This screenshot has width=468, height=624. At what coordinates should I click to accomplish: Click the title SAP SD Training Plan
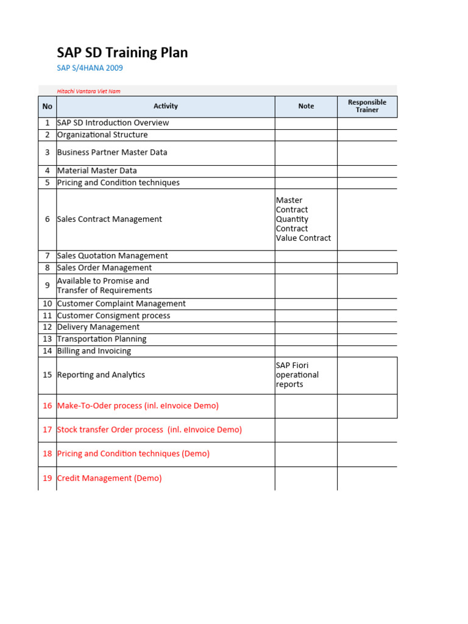[122, 52]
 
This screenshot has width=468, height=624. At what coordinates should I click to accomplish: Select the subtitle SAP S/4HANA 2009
[90, 68]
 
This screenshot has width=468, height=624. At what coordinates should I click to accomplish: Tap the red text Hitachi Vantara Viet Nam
[88, 91]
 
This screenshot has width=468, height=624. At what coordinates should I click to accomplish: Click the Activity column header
[165, 106]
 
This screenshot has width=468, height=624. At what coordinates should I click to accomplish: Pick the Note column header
[306, 106]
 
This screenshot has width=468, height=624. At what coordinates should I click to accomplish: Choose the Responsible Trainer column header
[367, 106]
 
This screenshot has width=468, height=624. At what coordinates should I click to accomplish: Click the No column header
[48, 106]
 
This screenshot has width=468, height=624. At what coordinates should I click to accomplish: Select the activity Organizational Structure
[102, 135]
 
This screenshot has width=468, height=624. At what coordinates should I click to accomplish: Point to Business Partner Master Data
[112, 152]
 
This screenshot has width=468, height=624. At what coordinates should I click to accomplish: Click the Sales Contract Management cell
[110, 219]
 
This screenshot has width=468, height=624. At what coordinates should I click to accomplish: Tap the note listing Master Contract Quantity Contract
[303, 219]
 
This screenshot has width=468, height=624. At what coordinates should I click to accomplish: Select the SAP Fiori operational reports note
[297, 375]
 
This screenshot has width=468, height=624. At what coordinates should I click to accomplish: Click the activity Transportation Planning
[102, 339]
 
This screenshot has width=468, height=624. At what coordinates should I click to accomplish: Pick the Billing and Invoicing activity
[94, 351]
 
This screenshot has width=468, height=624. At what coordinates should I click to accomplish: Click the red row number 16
[48, 406]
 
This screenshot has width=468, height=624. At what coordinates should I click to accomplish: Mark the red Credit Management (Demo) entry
[109, 478]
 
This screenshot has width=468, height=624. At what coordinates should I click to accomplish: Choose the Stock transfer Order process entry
[149, 430]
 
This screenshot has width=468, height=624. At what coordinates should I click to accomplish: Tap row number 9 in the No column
[48, 286]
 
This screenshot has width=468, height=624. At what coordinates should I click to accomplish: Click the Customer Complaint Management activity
[121, 303]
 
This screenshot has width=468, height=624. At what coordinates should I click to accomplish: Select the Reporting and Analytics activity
[101, 375]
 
